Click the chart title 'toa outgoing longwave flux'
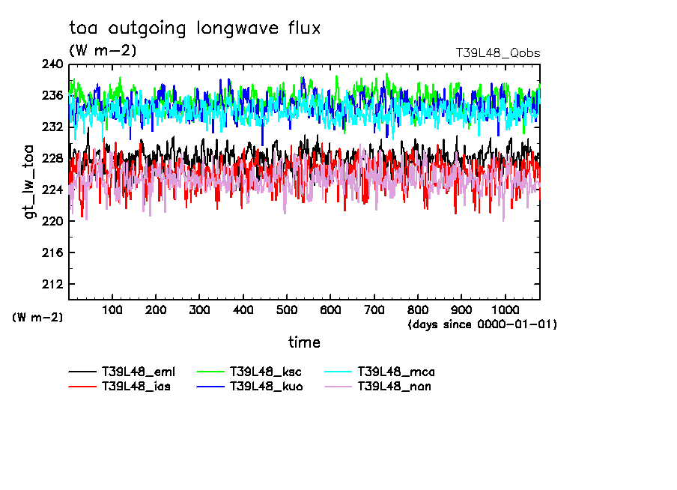click(x=195, y=28)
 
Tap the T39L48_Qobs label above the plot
click(x=497, y=53)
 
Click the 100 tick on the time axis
click(x=112, y=309)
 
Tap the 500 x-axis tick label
click(x=287, y=309)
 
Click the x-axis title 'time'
click(x=304, y=342)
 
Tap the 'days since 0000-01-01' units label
click(x=482, y=324)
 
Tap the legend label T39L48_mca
click(x=395, y=372)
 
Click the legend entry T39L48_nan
click(x=394, y=387)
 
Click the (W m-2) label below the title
click(x=103, y=51)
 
